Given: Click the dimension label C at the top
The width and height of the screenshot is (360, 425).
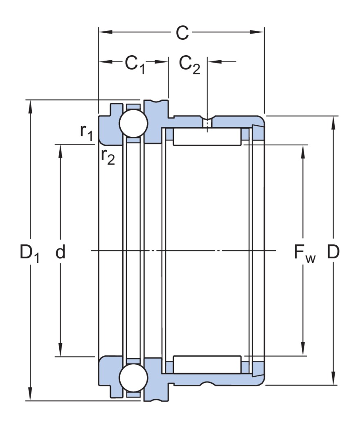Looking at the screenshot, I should pyautogui.click(x=182, y=33).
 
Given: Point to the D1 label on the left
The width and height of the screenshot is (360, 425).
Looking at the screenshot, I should pyautogui.click(x=29, y=253).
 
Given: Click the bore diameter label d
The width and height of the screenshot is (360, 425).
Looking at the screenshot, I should pyautogui.click(x=61, y=252).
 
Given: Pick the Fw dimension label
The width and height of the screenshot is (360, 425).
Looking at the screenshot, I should pyautogui.click(x=304, y=253).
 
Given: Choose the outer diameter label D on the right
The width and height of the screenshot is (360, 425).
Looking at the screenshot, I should pyautogui.click(x=333, y=252).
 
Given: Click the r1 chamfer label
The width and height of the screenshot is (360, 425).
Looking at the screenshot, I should pyautogui.click(x=86, y=132).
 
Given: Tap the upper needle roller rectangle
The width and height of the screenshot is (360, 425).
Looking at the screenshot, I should pyautogui.click(x=207, y=137).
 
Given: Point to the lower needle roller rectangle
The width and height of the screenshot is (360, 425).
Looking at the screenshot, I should pyautogui.click(x=207, y=364).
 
